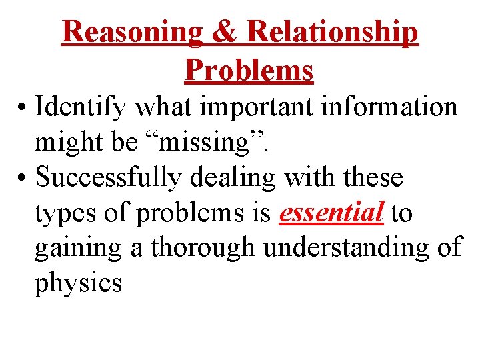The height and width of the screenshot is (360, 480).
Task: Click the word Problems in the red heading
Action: [249, 69]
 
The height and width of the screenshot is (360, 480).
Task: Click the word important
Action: [244, 107]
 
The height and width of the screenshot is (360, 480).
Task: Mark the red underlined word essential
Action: [331, 213]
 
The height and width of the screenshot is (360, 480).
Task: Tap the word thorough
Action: [204, 248]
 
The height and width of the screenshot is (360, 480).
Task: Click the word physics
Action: [78, 284]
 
